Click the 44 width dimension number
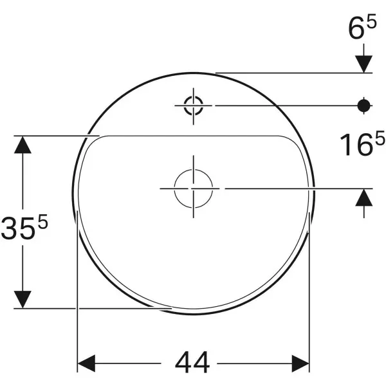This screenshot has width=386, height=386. coord(192,362)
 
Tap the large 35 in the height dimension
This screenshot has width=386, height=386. coord(18,228)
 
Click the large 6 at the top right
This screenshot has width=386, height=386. coord(356,28)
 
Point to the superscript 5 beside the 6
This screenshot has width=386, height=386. coord(371,21)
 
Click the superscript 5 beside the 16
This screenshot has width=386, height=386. coord(380,138)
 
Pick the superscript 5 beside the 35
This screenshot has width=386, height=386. coord(42,221)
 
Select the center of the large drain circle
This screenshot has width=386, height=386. coord(194,188)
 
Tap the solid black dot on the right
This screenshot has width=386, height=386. coord(364,106)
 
